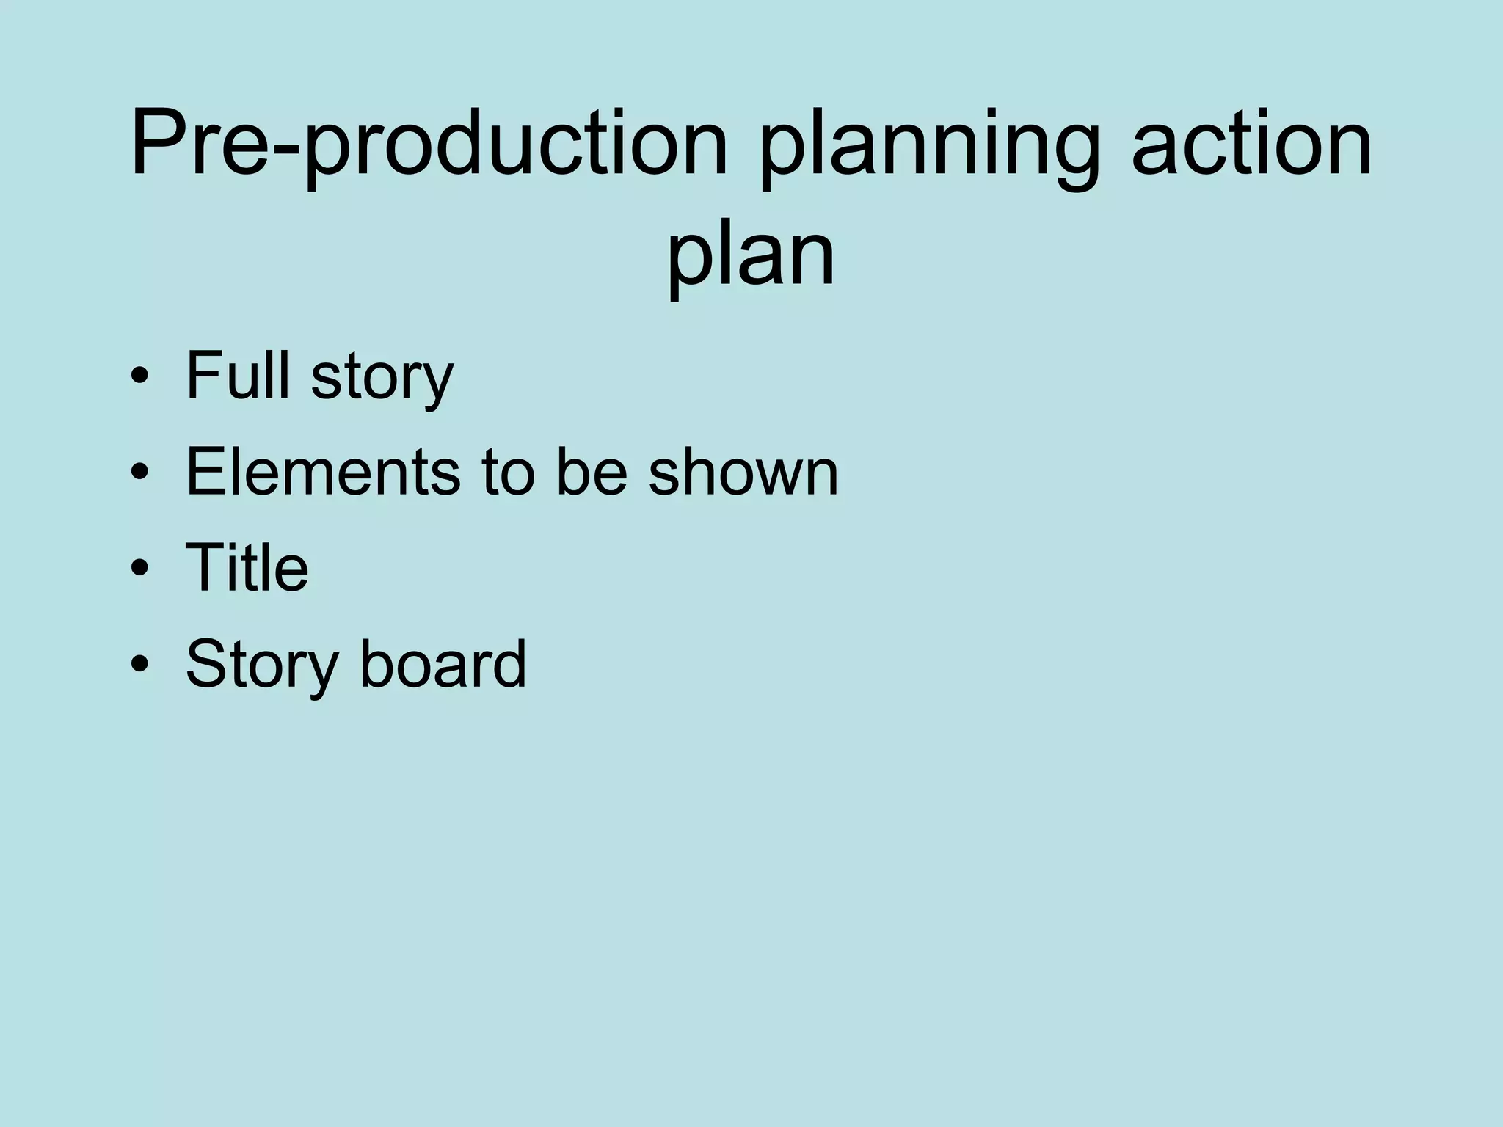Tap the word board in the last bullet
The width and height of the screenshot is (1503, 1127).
(443, 663)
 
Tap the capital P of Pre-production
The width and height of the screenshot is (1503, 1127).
(159, 143)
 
